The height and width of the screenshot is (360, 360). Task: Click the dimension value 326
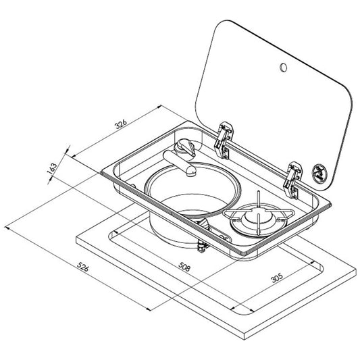tap(121, 124)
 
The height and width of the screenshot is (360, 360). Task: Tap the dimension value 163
tap(51, 168)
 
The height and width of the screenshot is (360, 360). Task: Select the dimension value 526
tap(82, 267)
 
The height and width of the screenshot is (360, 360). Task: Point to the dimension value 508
tap(184, 267)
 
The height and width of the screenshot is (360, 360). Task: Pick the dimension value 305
tap(277, 278)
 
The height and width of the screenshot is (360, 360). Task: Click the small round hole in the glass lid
tap(283, 68)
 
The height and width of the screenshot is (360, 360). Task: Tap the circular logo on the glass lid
tap(319, 171)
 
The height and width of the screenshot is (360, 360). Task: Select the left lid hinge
tap(223, 140)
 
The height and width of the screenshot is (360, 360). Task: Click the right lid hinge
tap(292, 180)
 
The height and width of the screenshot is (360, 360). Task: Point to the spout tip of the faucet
tap(191, 172)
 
